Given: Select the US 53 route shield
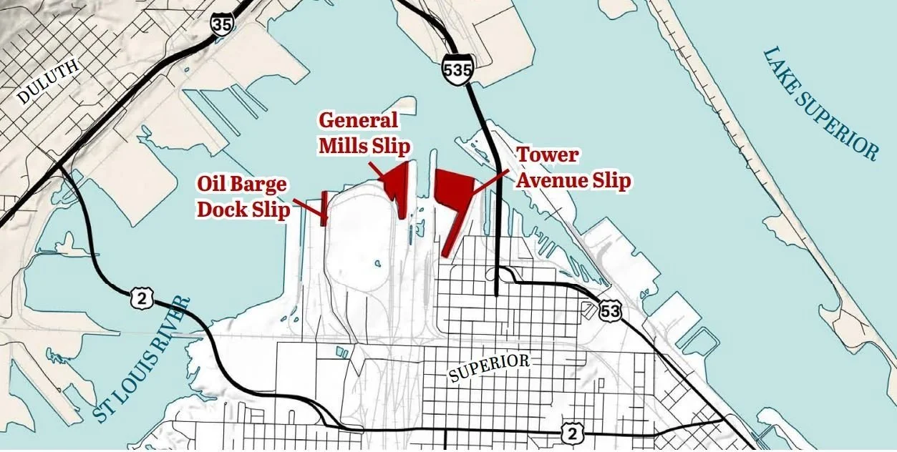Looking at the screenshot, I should [x=611, y=311].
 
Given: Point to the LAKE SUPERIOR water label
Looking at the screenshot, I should [x=820, y=104].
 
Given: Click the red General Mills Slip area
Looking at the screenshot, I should [x=397, y=185].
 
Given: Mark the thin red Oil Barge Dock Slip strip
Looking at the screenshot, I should [x=324, y=208].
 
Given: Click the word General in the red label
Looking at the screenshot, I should [x=358, y=119].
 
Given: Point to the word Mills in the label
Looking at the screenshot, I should [x=344, y=146].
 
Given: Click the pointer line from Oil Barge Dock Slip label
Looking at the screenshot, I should [x=309, y=208].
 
